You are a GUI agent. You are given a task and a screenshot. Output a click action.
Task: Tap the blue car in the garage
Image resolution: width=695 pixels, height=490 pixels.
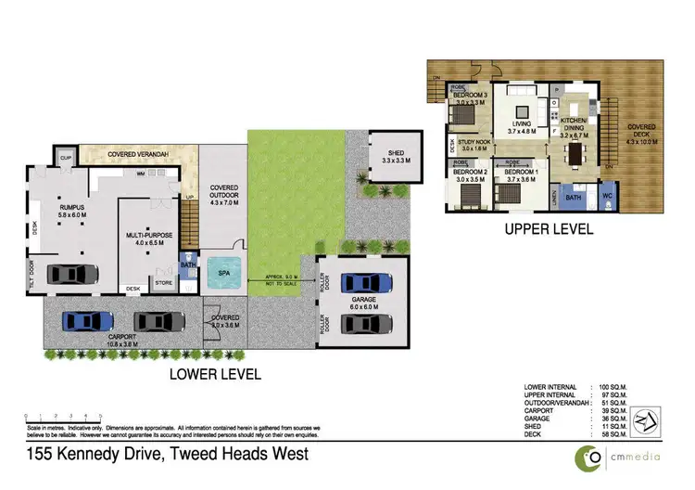[360, 281]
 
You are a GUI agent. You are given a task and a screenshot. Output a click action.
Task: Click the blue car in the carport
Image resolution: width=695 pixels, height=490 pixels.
[88, 321]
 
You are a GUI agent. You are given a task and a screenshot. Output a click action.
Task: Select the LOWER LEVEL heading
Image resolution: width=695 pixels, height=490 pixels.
[214, 375]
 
